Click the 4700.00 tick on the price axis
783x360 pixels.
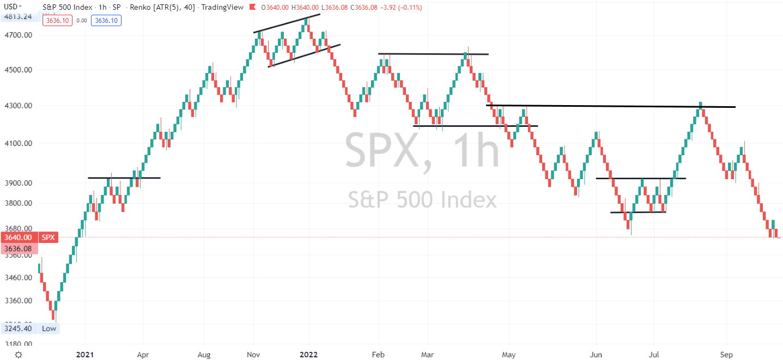tap(17, 35)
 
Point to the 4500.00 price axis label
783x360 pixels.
tap(17, 70)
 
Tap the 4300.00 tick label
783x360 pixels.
tap(17, 106)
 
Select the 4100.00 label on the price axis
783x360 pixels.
tap(17, 143)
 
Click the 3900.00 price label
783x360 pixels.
tap(17, 183)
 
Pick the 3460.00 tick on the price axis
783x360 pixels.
tap(17, 278)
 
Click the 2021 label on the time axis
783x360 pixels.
tap(86, 354)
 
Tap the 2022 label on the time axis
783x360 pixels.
tap(308, 354)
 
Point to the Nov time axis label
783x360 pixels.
tap(253, 354)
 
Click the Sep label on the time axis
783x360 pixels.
tap(726, 354)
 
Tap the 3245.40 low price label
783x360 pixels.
tap(18, 328)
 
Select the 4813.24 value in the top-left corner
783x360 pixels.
tap(17, 16)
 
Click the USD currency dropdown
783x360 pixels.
tap(12, 7)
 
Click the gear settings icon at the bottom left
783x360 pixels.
tap(19, 354)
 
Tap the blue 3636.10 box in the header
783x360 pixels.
tap(106, 20)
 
